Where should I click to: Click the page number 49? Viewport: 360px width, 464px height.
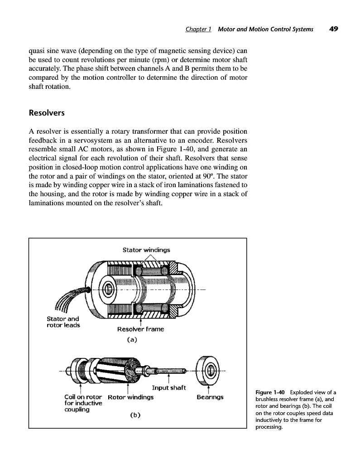coord(334,29)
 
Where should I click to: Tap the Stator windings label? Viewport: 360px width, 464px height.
coord(146,250)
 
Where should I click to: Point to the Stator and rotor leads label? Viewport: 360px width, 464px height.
coord(63,322)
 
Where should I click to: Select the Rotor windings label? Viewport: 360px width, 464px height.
coord(131,397)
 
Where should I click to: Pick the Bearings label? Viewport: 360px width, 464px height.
coord(210,397)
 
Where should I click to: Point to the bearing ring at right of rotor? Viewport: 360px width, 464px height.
coord(209,370)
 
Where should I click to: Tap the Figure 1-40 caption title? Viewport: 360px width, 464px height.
coord(271,392)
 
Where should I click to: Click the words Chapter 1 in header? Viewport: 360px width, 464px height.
coord(198,29)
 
